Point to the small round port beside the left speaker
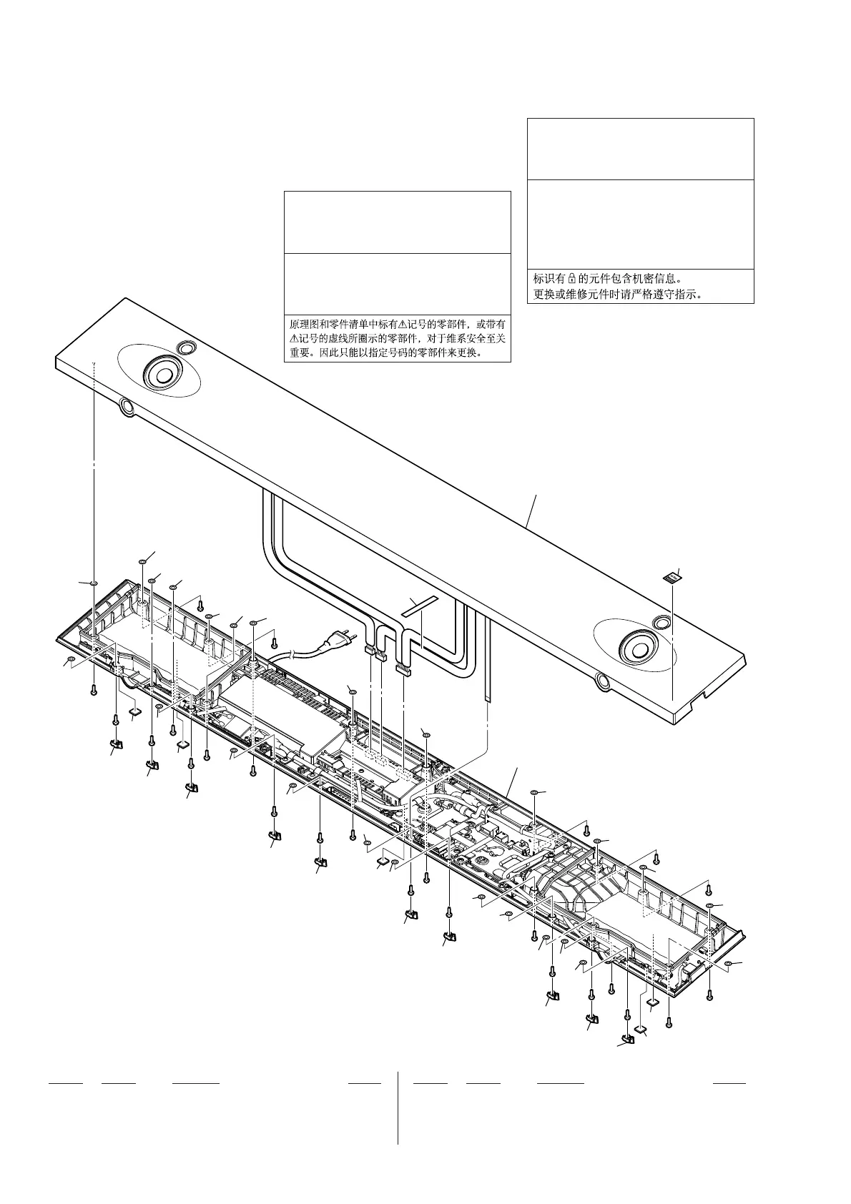point(187,348)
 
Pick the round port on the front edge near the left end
point(126,407)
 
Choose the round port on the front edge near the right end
point(602,682)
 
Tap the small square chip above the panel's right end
point(671,576)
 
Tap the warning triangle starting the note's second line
point(293,338)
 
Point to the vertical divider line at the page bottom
point(398,1107)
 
